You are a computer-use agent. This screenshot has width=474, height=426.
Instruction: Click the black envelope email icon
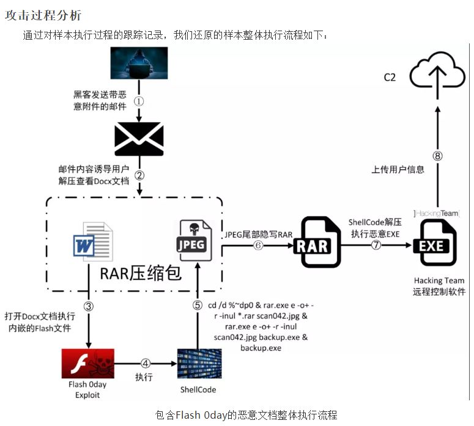139,139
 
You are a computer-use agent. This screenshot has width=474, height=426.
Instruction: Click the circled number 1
139,101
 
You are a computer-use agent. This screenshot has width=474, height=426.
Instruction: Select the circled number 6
258,244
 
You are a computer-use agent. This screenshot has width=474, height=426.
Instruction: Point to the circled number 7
376,244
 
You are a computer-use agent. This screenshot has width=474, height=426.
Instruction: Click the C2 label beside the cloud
390,77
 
